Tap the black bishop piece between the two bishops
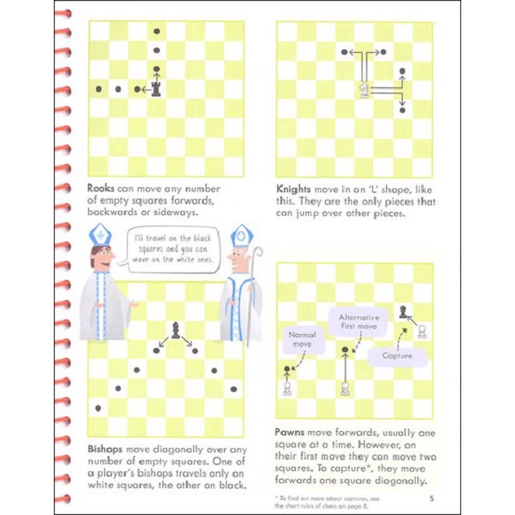coord(175,328)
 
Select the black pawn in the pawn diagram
coord(403,310)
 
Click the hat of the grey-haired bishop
coord(241,237)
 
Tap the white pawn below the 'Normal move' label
coord(287,388)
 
